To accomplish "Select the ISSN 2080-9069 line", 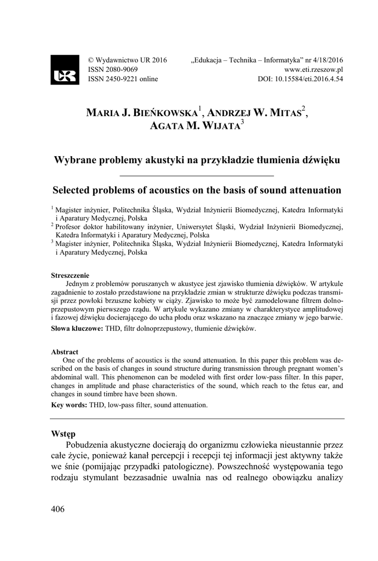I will click(x=113, y=70).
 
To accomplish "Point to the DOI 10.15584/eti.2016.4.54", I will click(x=300, y=79).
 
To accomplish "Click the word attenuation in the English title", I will click(x=311, y=190).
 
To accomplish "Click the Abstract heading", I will click(x=65, y=352).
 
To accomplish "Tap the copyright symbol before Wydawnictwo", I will click(x=91, y=60).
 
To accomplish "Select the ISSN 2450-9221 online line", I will click(x=123, y=79).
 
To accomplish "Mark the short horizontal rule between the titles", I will click(x=196, y=175).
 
